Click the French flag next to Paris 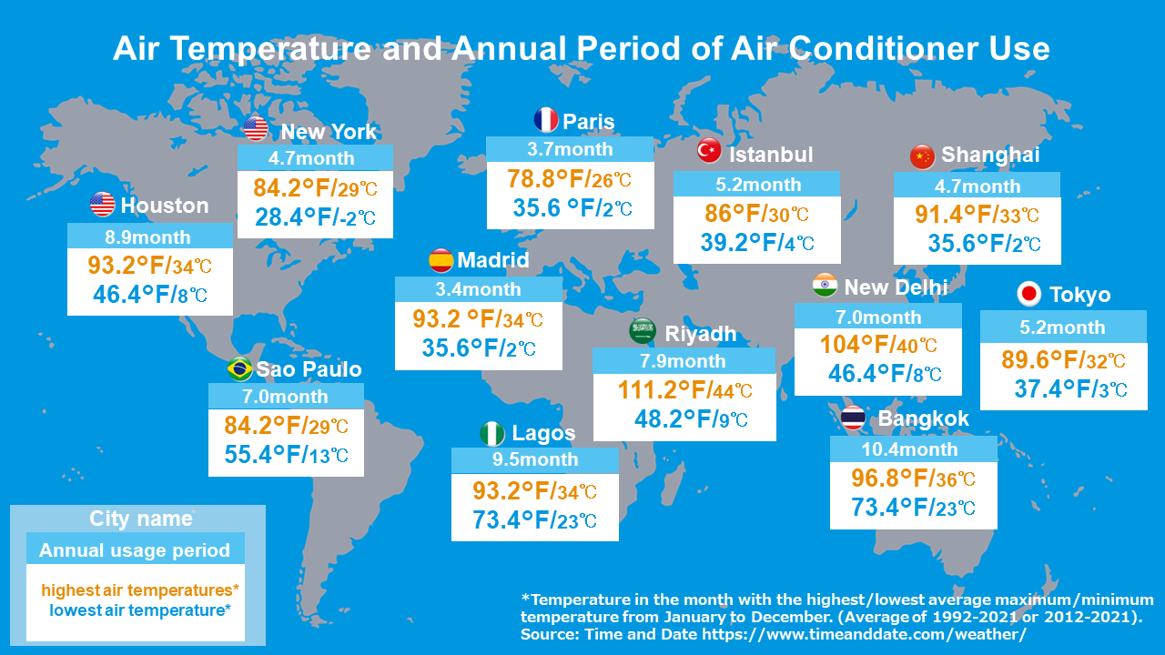click(545, 120)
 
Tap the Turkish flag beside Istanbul click(709, 151)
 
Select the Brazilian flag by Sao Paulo click(239, 368)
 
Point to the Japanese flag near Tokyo click(1028, 294)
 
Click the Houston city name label click(164, 206)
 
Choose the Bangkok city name click(923, 419)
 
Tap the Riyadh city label click(700, 334)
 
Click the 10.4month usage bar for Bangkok click(913, 449)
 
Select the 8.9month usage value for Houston click(149, 237)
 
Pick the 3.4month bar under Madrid click(478, 289)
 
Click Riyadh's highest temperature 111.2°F click(664, 390)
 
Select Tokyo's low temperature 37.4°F click(1053, 389)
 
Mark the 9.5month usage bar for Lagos click(534, 459)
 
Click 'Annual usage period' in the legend click(135, 549)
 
